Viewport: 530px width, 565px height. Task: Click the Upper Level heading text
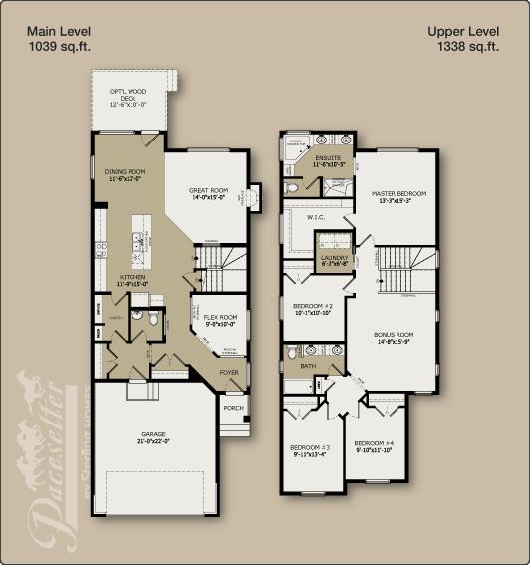click(x=462, y=31)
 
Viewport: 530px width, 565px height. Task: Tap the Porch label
click(x=234, y=407)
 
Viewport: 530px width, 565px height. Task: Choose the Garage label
click(x=153, y=436)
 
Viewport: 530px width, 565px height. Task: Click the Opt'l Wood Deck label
click(x=128, y=93)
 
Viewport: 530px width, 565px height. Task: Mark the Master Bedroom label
click(x=398, y=193)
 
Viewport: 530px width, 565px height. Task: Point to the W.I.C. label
click(x=317, y=216)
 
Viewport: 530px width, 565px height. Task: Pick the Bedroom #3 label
click(x=310, y=446)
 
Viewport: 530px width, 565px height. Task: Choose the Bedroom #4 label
click(x=374, y=443)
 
